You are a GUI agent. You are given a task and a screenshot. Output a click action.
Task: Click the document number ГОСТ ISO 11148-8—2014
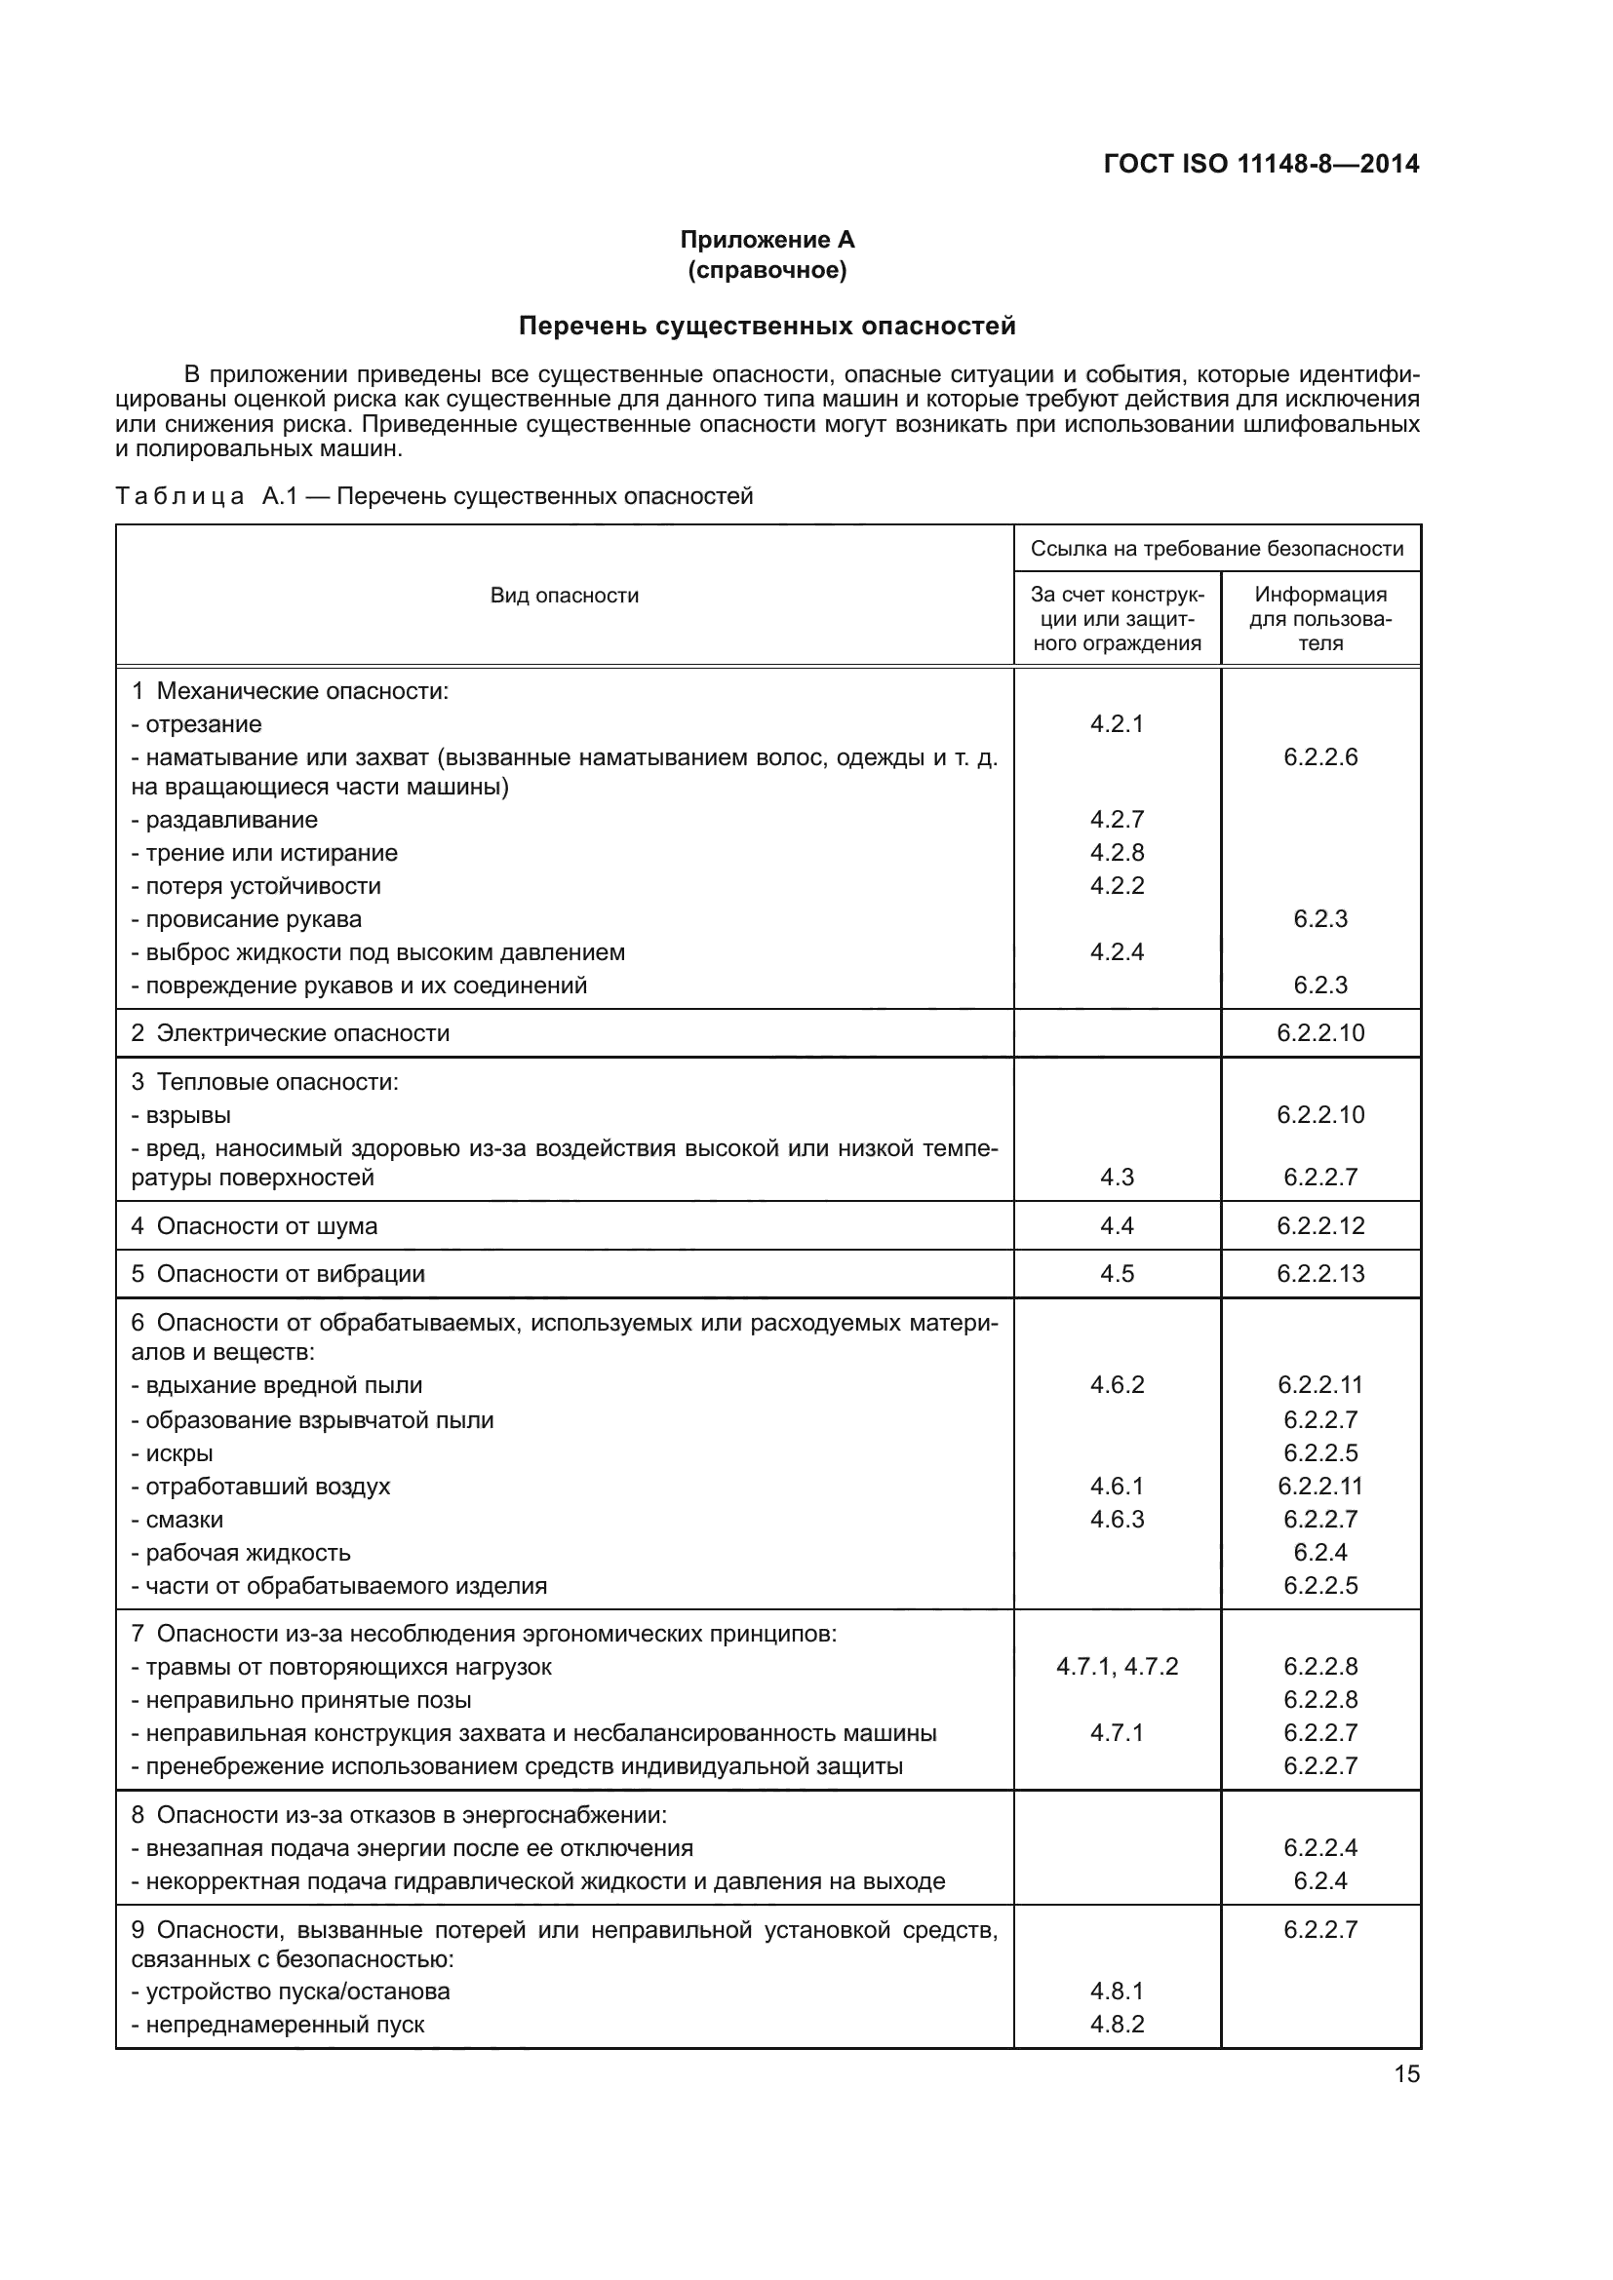[1261, 164]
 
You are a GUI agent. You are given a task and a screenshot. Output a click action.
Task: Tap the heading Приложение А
[767, 240]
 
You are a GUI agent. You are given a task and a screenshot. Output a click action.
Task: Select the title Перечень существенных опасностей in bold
[767, 326]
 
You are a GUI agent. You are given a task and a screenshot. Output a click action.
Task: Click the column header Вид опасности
[564, 596]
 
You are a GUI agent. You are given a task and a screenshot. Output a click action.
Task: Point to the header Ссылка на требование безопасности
[1217, 548]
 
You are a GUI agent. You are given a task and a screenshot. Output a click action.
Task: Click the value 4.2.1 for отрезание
[1117, 724]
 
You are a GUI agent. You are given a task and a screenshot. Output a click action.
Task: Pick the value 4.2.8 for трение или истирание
[1117, 853]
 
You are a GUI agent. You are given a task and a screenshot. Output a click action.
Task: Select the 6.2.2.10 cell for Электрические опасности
[1320, 1032]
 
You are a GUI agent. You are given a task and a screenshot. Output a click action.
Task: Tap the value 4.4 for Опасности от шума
[1117, 1225]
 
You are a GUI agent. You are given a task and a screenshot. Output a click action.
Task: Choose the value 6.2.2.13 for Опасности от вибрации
[1320, 1273]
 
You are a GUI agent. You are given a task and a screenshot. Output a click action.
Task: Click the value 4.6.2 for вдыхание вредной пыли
[1117, 1384]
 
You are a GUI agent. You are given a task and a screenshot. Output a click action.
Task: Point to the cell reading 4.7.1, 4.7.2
[1117, 1666]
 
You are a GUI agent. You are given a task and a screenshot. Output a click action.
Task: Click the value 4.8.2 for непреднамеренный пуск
[1117, 2024]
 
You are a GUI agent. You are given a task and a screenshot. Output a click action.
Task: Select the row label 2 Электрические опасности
[290, 1032]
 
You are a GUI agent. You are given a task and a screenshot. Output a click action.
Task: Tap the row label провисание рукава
[254, 918]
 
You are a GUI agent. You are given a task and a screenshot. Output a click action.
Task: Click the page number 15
[1406, 2073]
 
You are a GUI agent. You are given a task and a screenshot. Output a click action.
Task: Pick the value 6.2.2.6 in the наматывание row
[1320, 756]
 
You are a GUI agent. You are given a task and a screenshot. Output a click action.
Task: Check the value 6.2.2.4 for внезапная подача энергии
[1320, 1847]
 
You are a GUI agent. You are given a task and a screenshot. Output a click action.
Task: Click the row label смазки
[183, 1520]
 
